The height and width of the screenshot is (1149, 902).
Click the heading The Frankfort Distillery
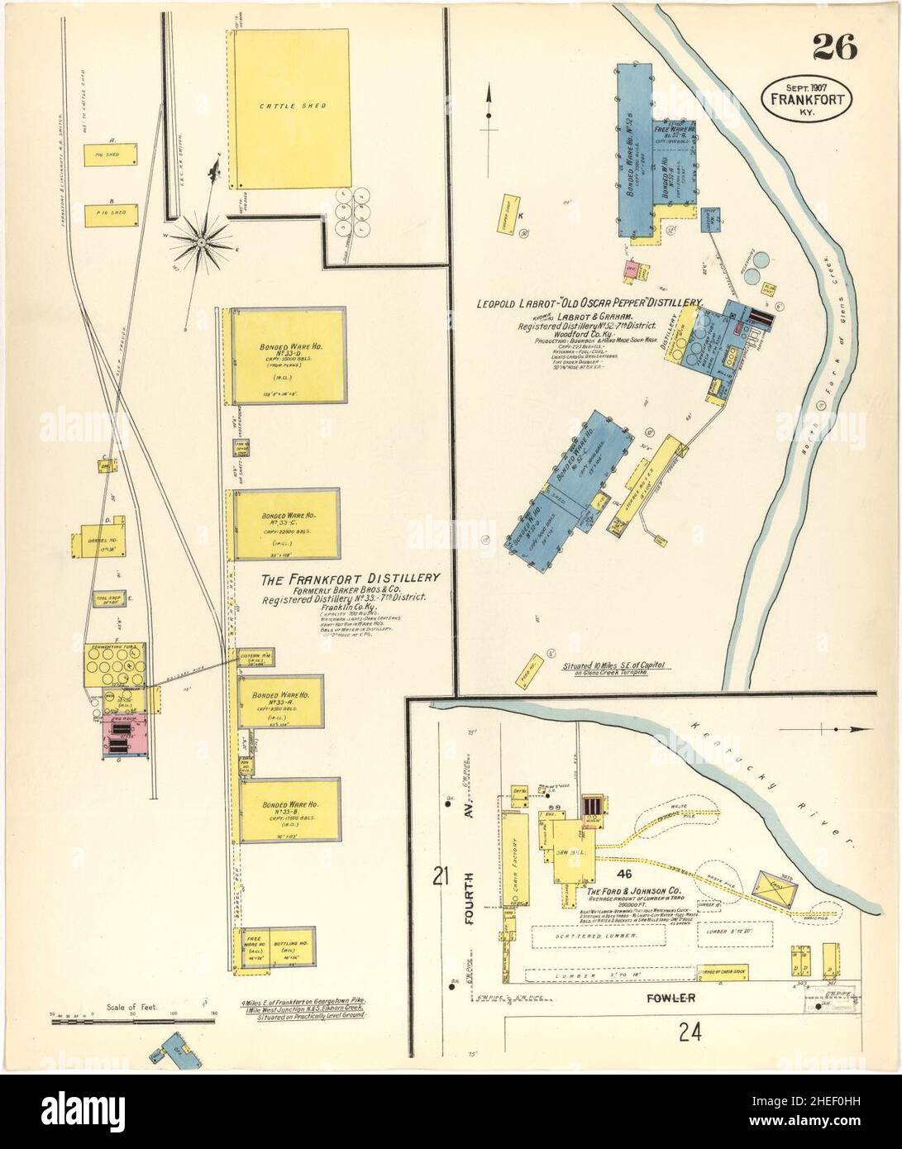351,579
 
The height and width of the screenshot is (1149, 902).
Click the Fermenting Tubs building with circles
117,663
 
